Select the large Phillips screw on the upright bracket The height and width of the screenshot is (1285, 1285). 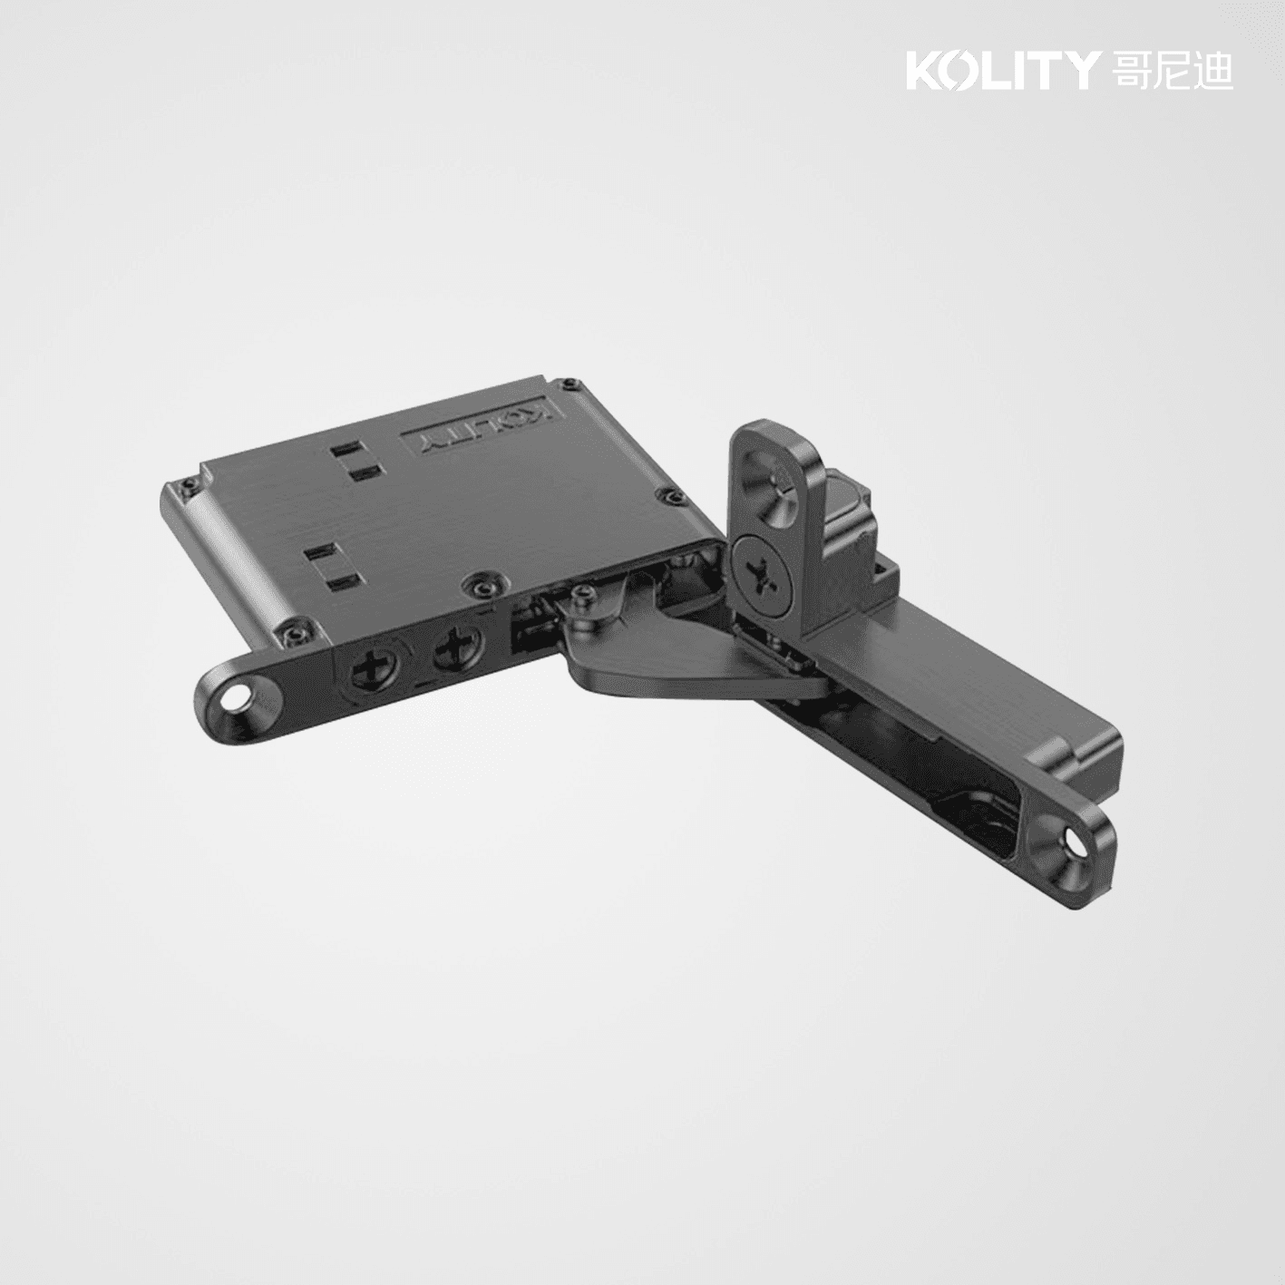tap(762, 572)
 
